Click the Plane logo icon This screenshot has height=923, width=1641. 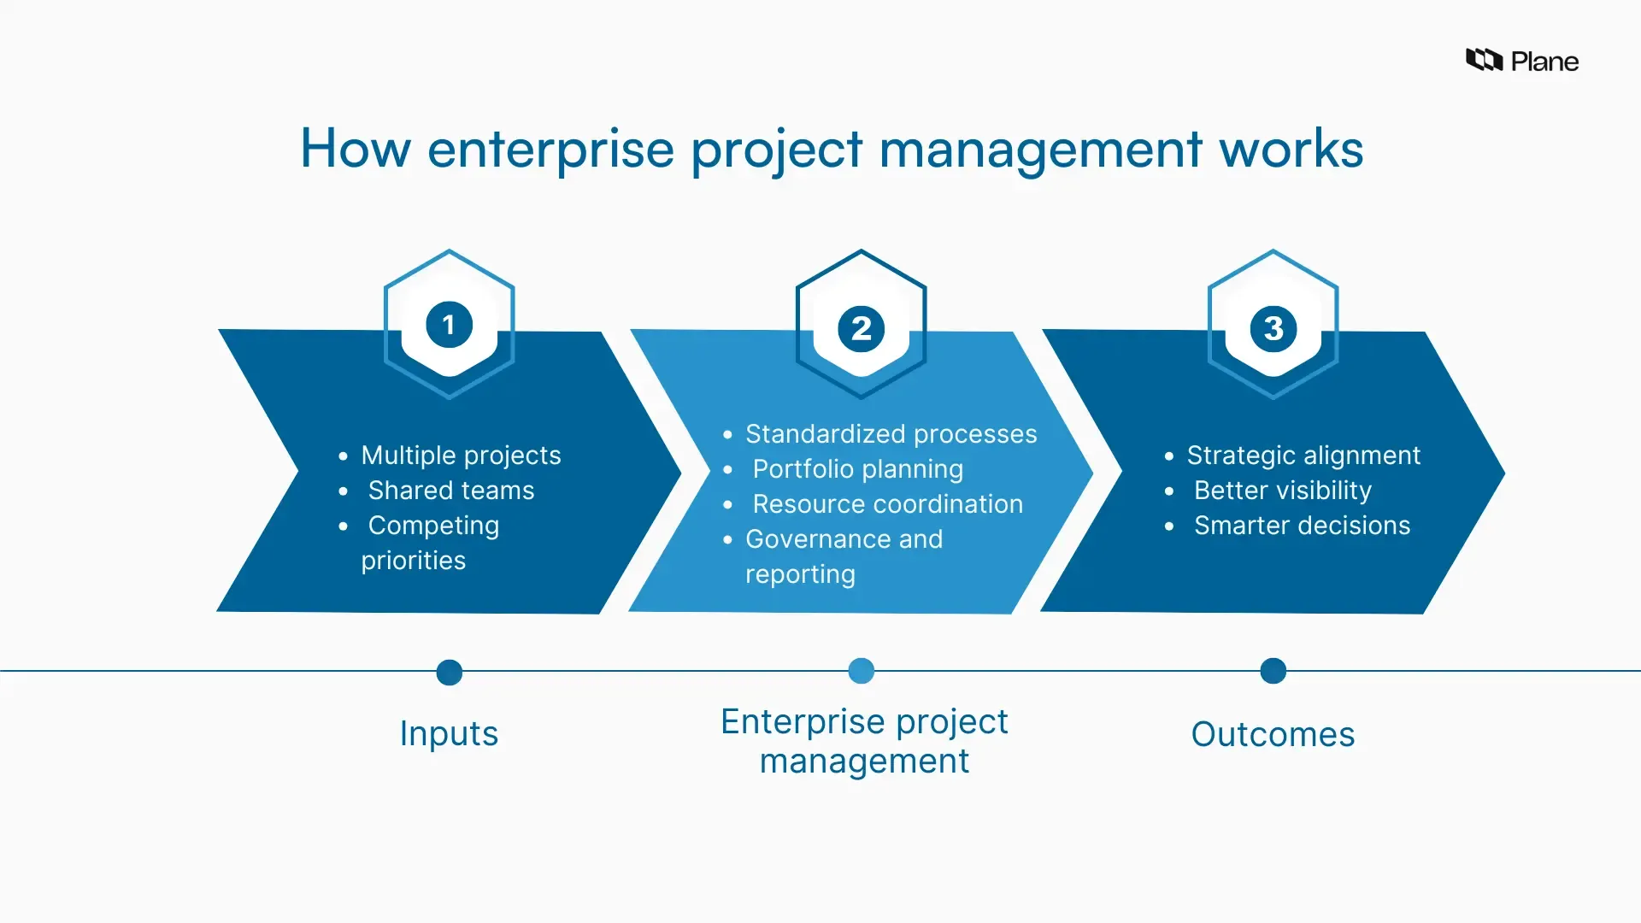[1484, 60]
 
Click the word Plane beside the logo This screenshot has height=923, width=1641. [1544, 62]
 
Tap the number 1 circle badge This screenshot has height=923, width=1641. [449, 325]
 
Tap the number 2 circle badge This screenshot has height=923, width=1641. [861, 328]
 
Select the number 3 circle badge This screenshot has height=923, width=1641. [1273, 328]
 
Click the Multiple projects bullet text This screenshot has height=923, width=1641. [461, 455]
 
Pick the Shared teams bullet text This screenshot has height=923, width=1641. [450, 490]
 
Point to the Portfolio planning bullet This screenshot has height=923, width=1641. [857, 468]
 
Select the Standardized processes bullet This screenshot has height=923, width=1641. [891, 433]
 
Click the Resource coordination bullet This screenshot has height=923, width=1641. [887, 503]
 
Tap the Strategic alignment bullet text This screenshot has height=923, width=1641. [1303, 455]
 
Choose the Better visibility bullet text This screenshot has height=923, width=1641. [1282, 490]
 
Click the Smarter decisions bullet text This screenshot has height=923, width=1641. [1302, 525]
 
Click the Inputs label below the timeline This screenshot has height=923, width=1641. [449, 733]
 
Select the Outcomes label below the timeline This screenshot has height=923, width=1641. [1273, 734]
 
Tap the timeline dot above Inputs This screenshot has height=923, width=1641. [449, 673]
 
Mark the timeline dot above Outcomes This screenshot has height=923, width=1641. [1273, 671]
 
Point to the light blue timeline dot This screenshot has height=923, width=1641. [861, 671]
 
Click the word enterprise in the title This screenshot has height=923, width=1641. [551, 149]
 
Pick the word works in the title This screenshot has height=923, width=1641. [1291, 149]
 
